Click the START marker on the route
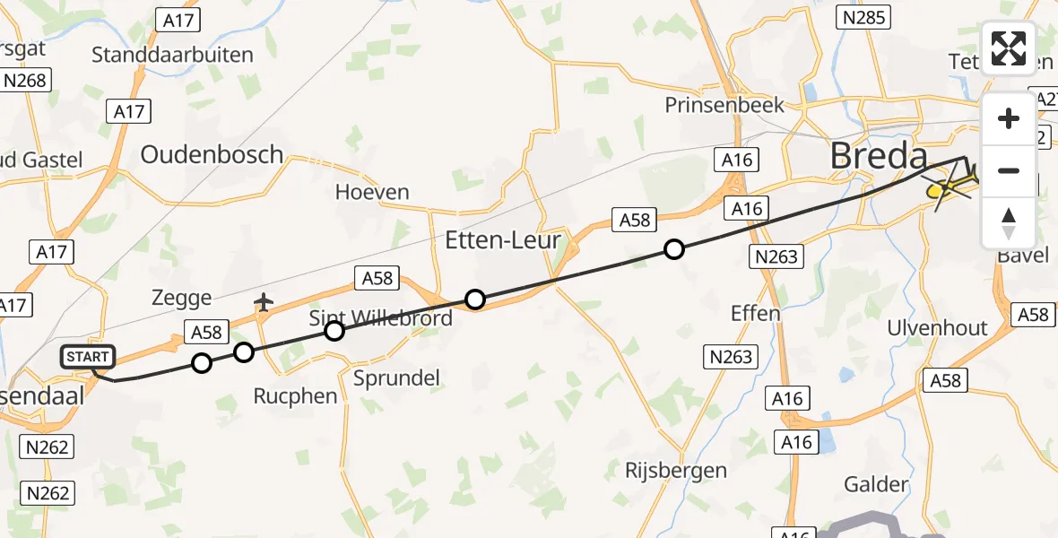(88, 357)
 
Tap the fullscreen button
(1009, 48)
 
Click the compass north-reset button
(1009, 222)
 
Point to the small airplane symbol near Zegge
(263, 302)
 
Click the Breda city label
(878, 156)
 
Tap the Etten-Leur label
(504, 240)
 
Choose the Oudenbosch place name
(212, 154)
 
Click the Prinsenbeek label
(724, 105)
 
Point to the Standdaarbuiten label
(172, 55)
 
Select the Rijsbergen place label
(677, 470)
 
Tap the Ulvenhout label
(937, 328)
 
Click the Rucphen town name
(295, 396)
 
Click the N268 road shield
(24, 81)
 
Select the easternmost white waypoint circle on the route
(673, 249)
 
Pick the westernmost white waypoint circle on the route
(202, 363)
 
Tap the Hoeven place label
(372, 192)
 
